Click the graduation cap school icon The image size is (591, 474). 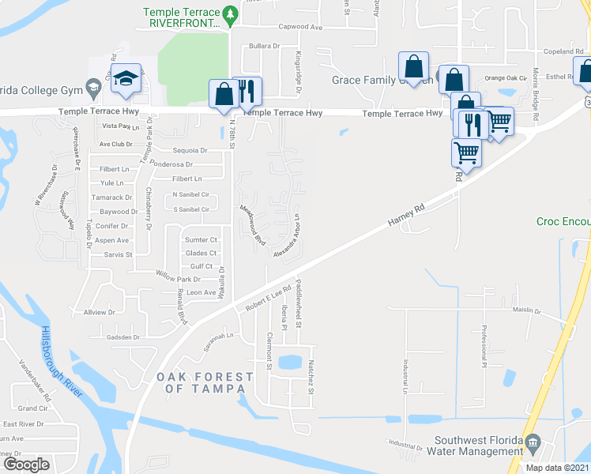[x=126, y=78]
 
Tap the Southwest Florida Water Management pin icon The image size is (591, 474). [x=533, y=441]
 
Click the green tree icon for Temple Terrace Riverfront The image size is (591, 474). [x=230, y=13]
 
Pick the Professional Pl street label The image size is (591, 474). [x=484, y=348]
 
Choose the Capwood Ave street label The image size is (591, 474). [x=300, y=27]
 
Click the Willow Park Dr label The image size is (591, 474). [x=178, y=279]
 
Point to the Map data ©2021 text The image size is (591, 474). [x=557, y=468]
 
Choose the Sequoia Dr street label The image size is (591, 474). [x=190, y=149]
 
